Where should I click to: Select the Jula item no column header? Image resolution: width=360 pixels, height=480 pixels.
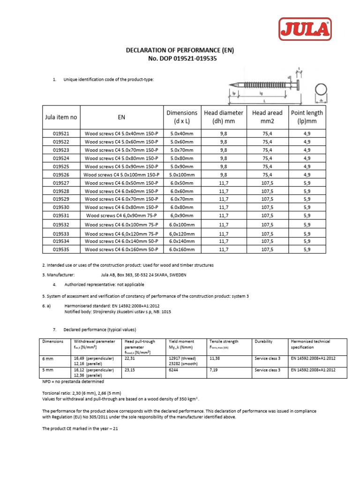[x=61, y=117]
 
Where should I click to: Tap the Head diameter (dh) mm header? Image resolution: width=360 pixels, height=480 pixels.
[x=224, y=117]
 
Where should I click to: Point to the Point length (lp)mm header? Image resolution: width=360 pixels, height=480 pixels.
[x=307, y=117]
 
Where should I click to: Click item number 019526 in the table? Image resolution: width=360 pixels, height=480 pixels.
[x=61, y=174]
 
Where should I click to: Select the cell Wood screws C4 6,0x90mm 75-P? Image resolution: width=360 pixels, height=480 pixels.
[x=121, y=216]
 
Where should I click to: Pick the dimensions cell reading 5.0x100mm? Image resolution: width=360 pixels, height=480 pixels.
[x=181, y=174]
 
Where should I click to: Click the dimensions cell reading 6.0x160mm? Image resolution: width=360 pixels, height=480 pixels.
[x=181, y=250]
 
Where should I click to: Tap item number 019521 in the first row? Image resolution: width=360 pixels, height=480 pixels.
[x=61, y=133]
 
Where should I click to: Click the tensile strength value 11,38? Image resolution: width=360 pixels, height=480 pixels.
[x=215, y=358]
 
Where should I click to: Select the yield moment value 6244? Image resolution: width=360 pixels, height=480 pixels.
[x=174, y=370]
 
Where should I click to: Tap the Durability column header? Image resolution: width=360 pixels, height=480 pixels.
[x=263, y=342]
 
